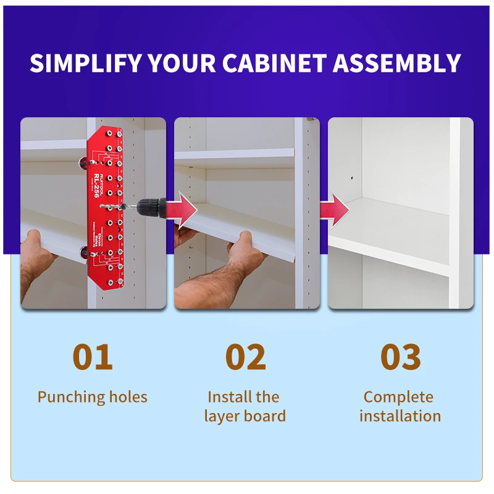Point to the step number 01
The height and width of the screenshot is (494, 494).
click(x=93, y=357)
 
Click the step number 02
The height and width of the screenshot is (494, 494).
click(x=245, y=357)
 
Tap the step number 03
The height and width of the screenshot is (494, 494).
click(x=400, y=357)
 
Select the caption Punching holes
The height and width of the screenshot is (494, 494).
click(x=93, y=396)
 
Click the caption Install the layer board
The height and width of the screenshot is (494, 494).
click(x=245, y=406)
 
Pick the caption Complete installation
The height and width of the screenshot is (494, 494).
click(x=400, y=406)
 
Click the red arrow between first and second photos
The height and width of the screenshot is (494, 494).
click(x=183, y=207)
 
